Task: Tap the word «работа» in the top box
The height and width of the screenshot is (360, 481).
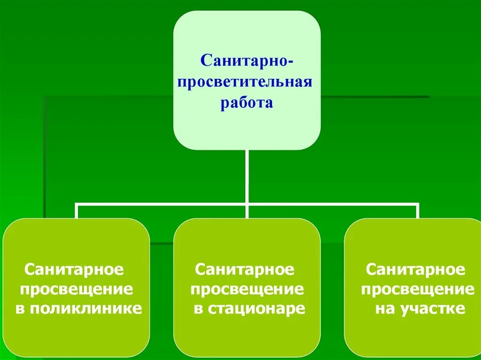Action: point(247,103)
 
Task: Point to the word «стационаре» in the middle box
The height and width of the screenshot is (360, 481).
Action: point(256,309)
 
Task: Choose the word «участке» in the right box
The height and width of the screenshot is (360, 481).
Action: point(433,309)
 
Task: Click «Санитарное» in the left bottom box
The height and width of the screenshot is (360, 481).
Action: point(74,269)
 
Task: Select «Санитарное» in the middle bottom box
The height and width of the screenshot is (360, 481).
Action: point(245,269)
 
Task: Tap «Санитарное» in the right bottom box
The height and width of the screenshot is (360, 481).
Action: point(416,269)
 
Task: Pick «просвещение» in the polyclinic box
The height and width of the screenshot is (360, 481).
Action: point(76,289)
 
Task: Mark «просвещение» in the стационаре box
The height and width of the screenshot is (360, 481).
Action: point(247,289)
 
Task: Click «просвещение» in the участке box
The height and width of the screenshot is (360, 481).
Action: point(418,289)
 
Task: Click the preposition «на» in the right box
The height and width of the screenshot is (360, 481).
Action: point(384,309)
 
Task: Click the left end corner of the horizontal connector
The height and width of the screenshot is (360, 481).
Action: point(77,205)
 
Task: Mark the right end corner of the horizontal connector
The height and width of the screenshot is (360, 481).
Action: point(418,205)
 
